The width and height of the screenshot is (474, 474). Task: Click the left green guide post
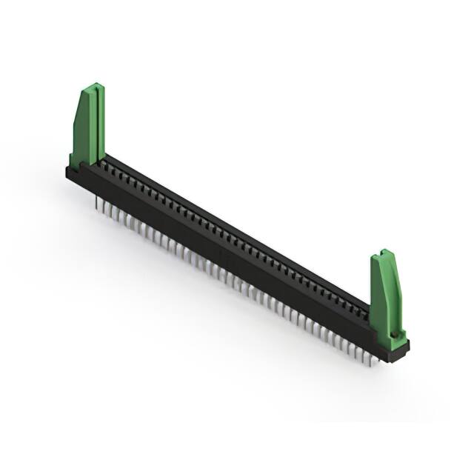87,126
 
